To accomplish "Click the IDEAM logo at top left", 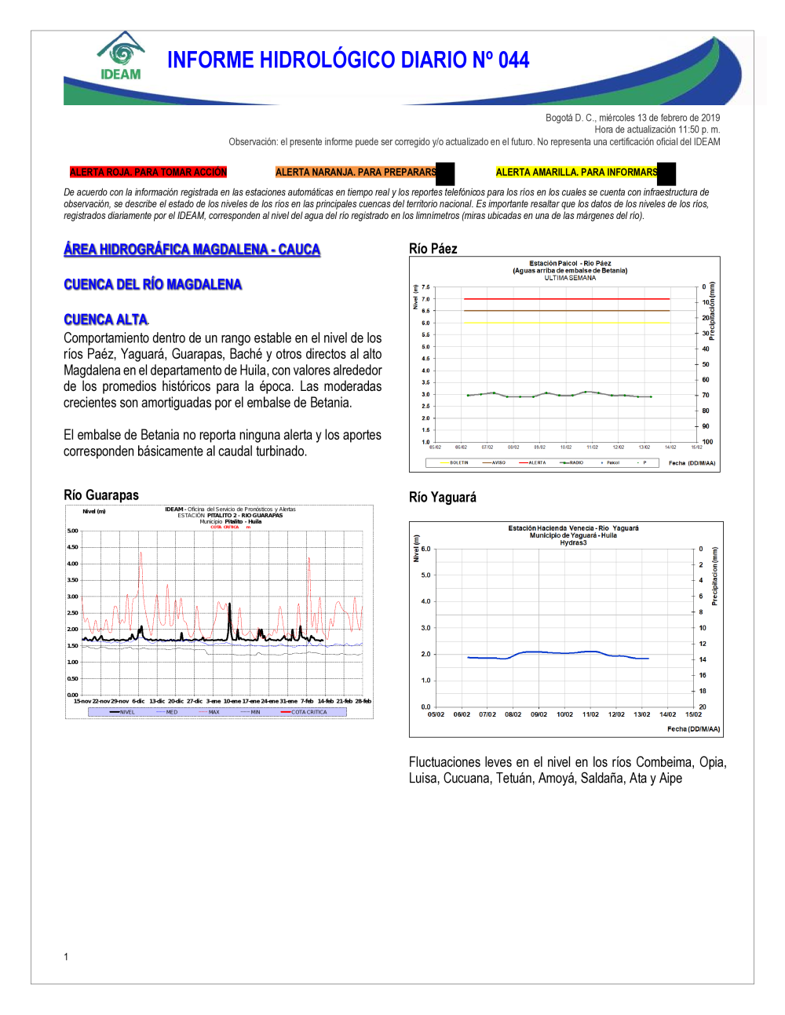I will [x=121, y=57].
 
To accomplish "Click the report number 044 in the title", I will [x=513, y=60].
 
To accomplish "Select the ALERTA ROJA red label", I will [x=148, y=172].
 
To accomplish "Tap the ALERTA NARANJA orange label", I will [x=356, y=172].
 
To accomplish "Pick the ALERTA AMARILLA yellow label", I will [x=576, y=172].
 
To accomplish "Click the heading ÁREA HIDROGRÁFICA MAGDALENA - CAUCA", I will [x=192, y=250].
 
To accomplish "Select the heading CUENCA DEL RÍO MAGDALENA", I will [x=153, y=284].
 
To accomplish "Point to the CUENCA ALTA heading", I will [x=106, y=319].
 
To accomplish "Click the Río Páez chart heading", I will [x=433, y=249].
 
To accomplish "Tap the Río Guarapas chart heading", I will [x=101, y=495].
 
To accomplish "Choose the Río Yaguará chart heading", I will [x=443, y=498].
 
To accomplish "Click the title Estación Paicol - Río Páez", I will [x=570, y=264].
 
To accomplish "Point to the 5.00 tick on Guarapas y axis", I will [x=72, y=531].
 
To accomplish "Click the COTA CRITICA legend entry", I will [x=308, y=712].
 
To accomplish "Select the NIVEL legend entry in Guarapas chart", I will [x=126, y=712].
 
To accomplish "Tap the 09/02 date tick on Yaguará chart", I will [x=539, y=714].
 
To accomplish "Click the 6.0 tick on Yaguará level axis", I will [x=425, y=549].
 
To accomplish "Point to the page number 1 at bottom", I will [x=66, y=956].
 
